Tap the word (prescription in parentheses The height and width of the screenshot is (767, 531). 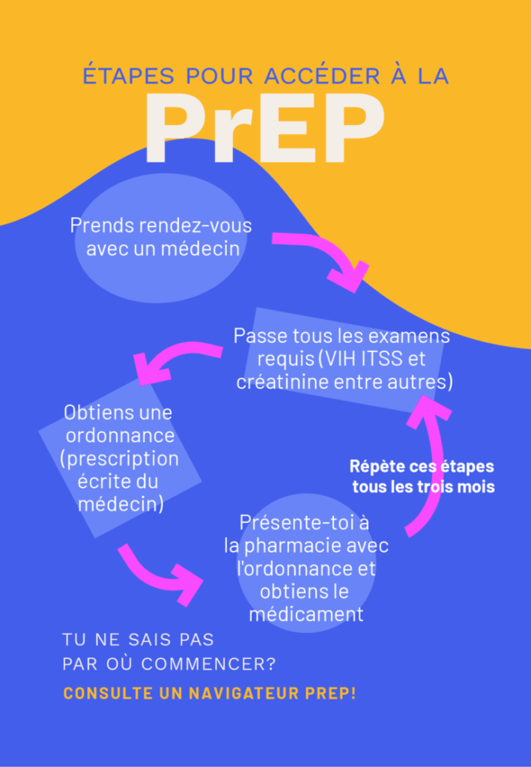(x=120, y=458)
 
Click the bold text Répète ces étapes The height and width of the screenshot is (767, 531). (x=422, y=467)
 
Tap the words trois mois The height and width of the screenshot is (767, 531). (x=461, y=487)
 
